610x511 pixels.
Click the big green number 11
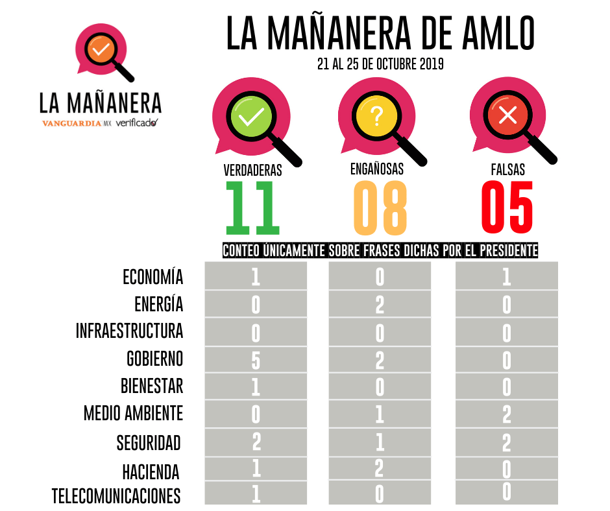(252, 208)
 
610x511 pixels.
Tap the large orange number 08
(380, 208)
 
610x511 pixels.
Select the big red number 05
(507, 208)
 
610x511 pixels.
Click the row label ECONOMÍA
(153, 277)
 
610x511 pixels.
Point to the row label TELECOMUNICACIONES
(116, 496)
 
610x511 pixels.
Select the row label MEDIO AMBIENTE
(134, 413)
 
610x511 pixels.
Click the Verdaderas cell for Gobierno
(256, 359)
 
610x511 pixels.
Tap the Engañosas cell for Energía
(380, 304)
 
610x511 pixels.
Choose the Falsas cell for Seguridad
(507, 442)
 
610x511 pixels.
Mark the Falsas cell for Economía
(507, 277)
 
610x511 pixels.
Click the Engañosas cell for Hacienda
(380, 468)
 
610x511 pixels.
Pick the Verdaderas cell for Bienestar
(256, 386)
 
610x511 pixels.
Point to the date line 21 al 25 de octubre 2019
(380, 65)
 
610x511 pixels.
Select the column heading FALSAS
(507, 170)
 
